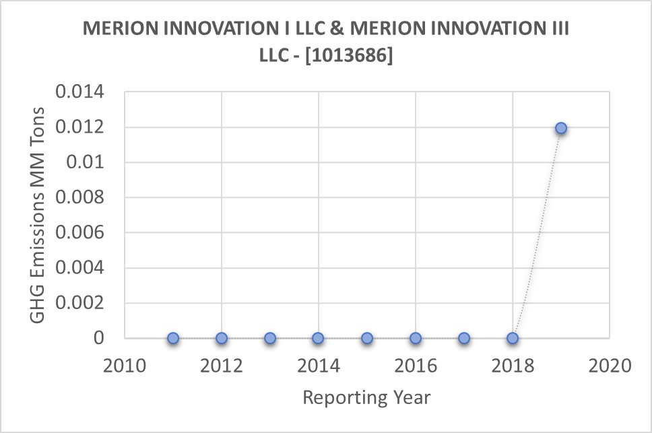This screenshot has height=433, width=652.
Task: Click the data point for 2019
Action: click(560, 128)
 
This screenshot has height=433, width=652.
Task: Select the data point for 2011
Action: click(173, 338)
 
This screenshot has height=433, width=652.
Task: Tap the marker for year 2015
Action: click(366, 338)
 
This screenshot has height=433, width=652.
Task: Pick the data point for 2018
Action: click(513, 338)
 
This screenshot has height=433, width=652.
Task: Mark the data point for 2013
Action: click(270, 338)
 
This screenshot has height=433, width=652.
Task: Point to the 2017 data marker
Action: click(464, 338)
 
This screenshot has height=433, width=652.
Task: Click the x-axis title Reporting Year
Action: click(366, 398)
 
